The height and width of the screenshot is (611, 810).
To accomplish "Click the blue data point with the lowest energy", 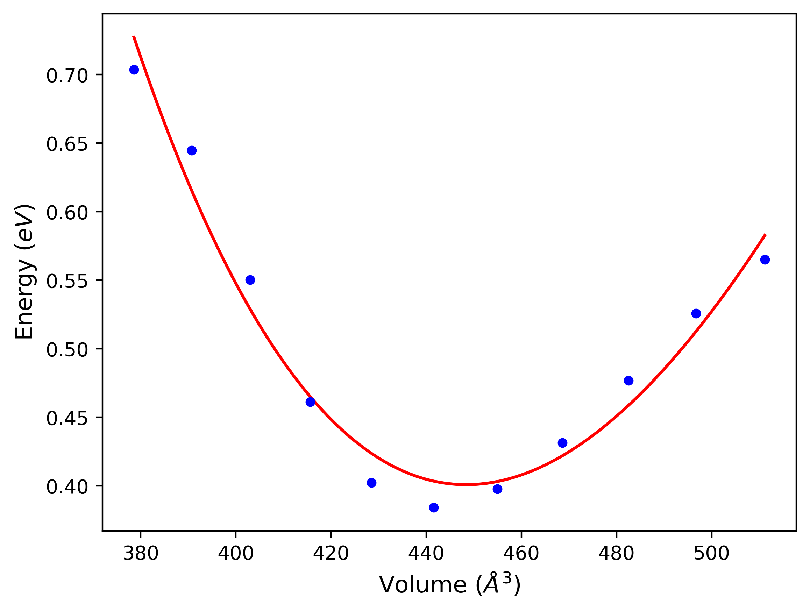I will coord(434,507).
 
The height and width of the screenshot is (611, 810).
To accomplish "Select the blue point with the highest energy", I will coord(134,70).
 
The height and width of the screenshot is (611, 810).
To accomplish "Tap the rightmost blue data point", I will coord(765,260).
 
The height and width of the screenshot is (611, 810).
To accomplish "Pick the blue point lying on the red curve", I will coord(310,402).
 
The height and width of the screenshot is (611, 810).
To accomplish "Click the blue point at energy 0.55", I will coord(250,280).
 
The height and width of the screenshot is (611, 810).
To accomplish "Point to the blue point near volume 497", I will coord(696,313).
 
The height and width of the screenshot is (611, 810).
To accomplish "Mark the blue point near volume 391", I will coord(192,150).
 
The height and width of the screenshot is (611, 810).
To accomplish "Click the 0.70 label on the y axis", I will coord(67,76).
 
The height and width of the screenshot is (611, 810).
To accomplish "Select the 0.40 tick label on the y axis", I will coord(67,487).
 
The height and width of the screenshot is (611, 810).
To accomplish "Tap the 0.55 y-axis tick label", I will coord(67,282).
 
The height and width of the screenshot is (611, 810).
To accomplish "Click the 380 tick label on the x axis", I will coord(141,554).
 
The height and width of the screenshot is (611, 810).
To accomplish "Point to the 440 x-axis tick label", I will coord(426,554).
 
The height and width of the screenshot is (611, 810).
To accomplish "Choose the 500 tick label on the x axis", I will coord(711,554).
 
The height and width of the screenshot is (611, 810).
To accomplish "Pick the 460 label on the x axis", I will coord(521,554).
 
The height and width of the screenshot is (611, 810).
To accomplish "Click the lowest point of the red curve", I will coord(467,484).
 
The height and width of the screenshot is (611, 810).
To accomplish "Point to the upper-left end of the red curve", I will coord(134,36).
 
